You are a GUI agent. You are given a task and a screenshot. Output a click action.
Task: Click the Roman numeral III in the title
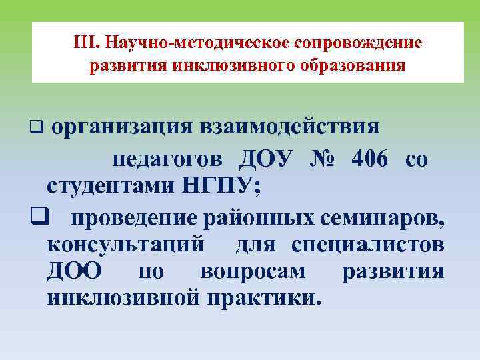[85, 43]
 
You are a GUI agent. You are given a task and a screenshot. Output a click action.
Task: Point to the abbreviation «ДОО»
[75, 272]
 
